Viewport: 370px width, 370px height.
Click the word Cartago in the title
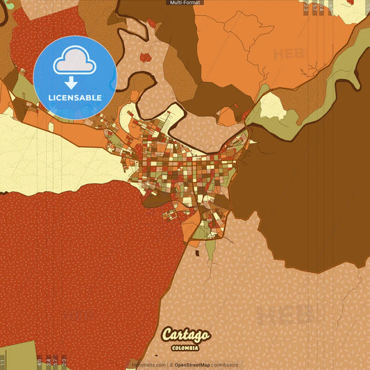click(185, 335)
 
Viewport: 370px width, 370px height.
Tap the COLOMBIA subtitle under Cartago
click(185, 347)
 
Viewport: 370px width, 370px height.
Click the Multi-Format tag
click(185, 3)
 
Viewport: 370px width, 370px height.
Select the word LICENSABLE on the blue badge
click(75, 97)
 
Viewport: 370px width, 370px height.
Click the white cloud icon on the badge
click(75, 61)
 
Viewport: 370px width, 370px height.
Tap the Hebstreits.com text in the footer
click(149, 364)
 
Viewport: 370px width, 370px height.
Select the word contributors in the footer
click(224, 364)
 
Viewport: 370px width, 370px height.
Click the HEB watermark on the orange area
click(288, 53)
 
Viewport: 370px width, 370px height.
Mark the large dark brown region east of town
click(312, 194)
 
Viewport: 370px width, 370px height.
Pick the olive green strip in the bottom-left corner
click(14, 354)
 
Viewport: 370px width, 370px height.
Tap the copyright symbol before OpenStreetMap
click(171, 364)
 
